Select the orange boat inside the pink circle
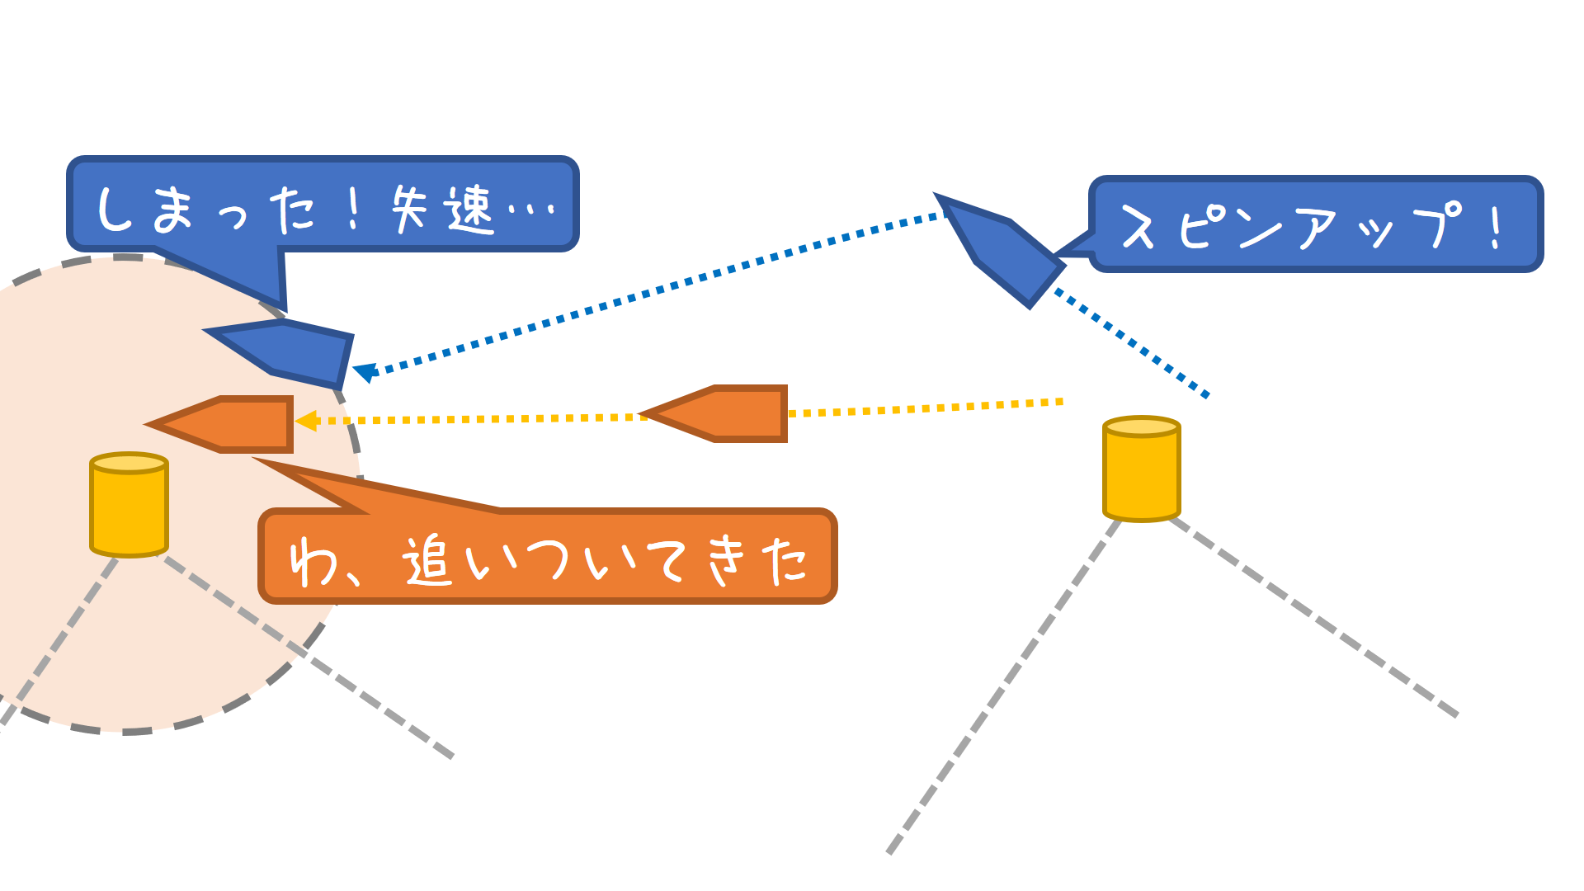pyautogui.click(x=231, y=424)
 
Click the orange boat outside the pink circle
pyautogui.click(x=726, y=413)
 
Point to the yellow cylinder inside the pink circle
pyautogui.click(x=129, y=505)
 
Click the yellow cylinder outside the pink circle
pyautogui.click(x=1142, y=469)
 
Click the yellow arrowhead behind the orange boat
pyautogui.click(x=306, y=421)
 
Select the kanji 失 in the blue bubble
pyautogui.click(x=409, y=208)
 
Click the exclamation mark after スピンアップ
pyautogui.click(x=1495, y=227)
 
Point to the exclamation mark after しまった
pyautogui.click(x=354, y=210)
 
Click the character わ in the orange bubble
pyautogui.click(x=313, y=562)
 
